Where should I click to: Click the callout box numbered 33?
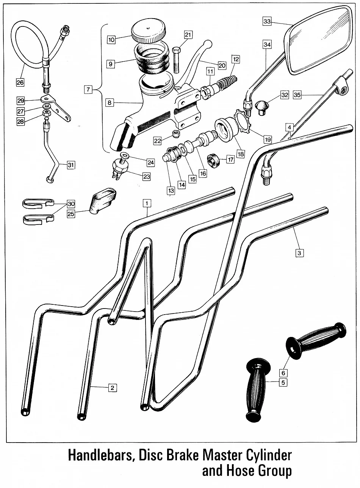tap(267, 22)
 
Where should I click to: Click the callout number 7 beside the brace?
tap(88, 89)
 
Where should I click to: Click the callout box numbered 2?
tap(112, 387)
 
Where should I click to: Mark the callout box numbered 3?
tap(299, 253)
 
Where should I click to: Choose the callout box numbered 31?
tap(71, 165)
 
